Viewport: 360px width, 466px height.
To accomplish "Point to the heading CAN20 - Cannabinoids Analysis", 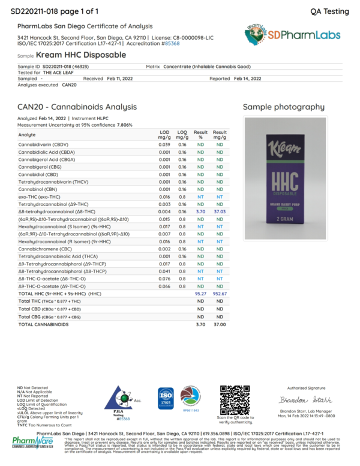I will (x=77, y=107).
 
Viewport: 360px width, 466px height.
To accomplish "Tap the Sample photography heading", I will (x=284, y=107).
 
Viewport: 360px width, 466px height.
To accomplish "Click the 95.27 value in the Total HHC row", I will (x=200, y=294).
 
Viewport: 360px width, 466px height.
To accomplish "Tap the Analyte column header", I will (x=27, y=135).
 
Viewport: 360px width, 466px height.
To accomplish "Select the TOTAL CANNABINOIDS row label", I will (x=44, y=324).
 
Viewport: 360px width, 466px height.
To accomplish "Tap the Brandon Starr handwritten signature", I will (x=301, y=400).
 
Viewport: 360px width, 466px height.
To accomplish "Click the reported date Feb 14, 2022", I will (x=247, y=79).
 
